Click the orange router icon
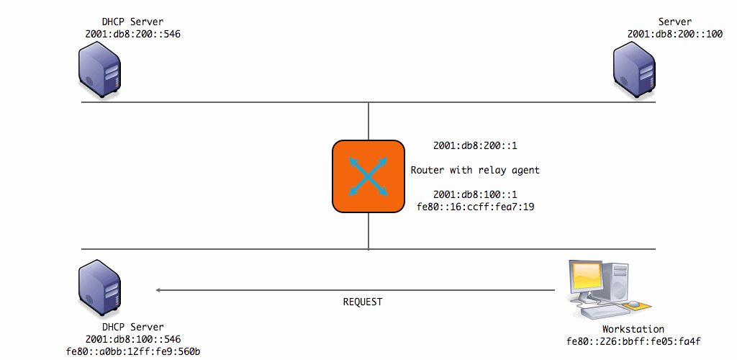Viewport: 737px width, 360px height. [x=368, y=176]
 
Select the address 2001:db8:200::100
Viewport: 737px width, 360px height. [x=674, y=33]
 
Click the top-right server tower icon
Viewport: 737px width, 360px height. [x=634, y=70]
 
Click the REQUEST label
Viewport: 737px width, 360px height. [x=363, y=302]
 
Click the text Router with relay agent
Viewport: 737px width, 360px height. [x=475, y=171]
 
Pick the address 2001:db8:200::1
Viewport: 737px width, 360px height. [x=475, y=146]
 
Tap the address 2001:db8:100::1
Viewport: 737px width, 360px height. [x=475, y=195]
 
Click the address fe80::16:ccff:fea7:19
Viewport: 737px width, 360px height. [x=475, y=207]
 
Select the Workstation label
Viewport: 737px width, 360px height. [x=633, y=329]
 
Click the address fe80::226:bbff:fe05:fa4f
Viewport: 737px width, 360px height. [x=633, y=341]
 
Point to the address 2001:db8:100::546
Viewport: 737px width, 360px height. [x=132, y=339]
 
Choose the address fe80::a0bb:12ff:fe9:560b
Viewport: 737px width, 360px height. [x=132, y=351]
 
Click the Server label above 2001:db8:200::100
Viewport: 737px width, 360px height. [x=674, y=22]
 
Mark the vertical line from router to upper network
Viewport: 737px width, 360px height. [x=368, y=121]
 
